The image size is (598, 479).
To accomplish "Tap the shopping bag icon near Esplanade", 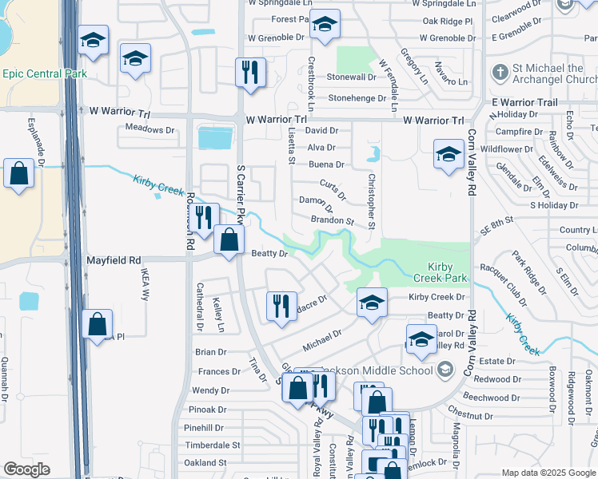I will [x=18, y=173].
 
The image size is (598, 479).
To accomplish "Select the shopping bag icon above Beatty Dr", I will [x=229, y=239].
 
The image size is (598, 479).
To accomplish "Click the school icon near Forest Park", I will [x=324, y=26].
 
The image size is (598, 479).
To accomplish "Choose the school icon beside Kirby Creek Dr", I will [x=371, y=303].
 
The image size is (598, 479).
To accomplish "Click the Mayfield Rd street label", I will [x=114, y=260].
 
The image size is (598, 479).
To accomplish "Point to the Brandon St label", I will [x=332, y=220].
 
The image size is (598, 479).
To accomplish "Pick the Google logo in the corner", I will [x=26, y=469].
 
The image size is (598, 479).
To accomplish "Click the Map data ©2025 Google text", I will [x=548, y=473].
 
